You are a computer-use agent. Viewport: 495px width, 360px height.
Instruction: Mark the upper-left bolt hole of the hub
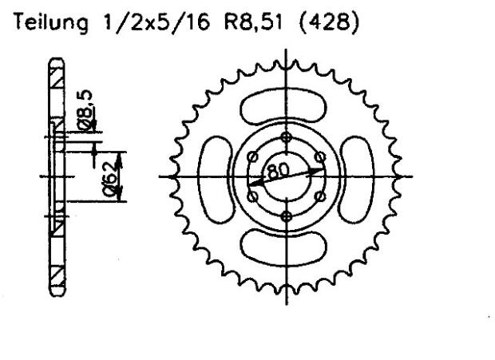pyautogui.click(x=252, y=156)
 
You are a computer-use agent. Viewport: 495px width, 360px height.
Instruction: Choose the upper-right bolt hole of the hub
pyautogui.click(x=319, y=156)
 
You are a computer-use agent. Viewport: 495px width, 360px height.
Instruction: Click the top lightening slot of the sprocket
pyautogui.click(x=286, y=104)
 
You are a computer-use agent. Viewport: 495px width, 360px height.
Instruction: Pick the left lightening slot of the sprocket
pyautogui.click(x=214, y=176)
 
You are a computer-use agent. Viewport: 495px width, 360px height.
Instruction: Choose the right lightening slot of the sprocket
pyautogui.click(x=358, y=176)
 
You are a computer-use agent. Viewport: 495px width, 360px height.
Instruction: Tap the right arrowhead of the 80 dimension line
pyautogui.click(x=322, y=169)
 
